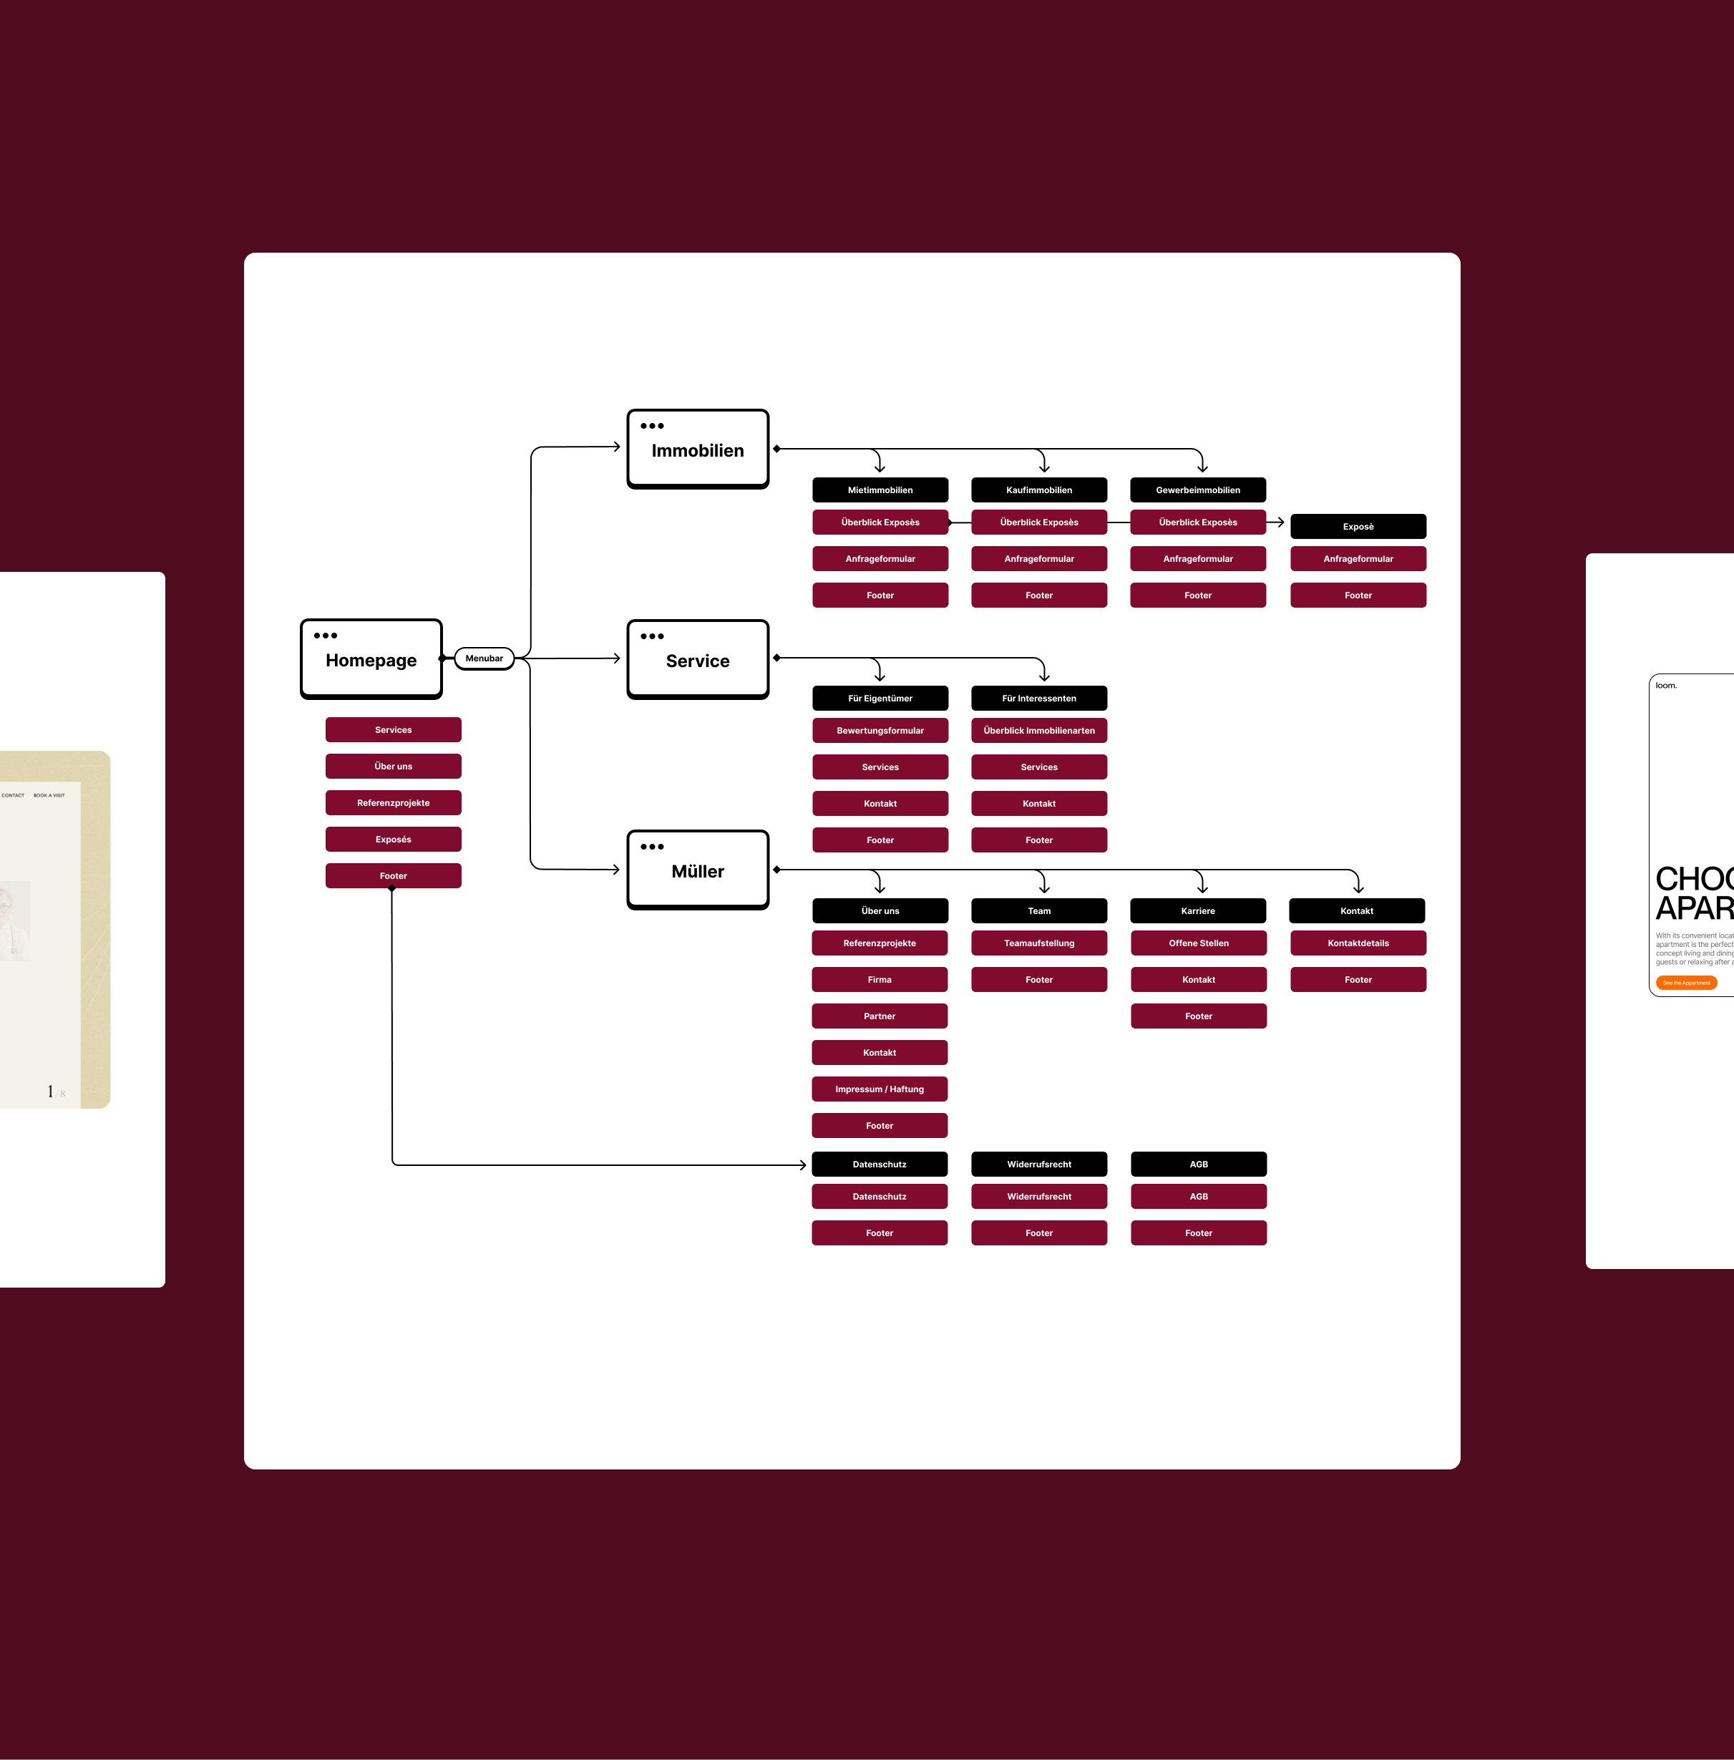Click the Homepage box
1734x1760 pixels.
371,658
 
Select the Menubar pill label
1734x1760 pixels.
484,658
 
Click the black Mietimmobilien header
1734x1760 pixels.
880,490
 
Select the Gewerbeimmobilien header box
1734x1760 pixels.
1197,490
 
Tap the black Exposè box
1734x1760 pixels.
1358,527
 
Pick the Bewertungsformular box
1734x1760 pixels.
880,731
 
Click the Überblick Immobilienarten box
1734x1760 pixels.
1039,731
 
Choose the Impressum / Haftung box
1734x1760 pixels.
879,1089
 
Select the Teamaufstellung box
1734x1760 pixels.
1039,943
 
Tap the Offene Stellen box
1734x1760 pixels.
1199,943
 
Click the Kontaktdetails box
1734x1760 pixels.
1358,943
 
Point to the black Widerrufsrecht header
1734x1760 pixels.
1039,1165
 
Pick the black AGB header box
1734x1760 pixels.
1199,1165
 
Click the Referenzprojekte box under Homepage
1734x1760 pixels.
394,802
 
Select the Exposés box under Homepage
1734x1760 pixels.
394,839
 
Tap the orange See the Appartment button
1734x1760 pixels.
1686,983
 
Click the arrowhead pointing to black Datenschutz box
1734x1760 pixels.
802,1165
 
